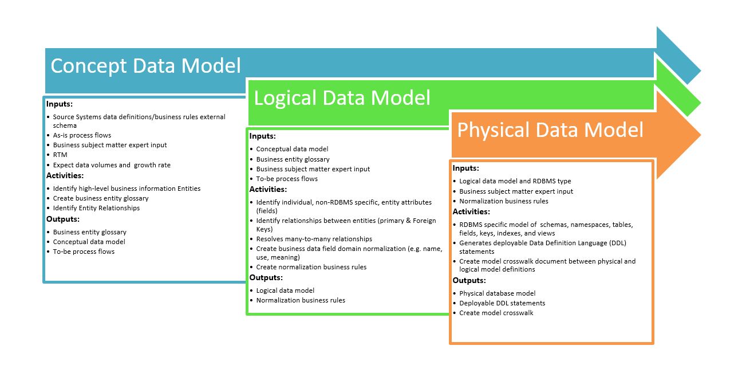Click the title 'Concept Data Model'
pos(145,66)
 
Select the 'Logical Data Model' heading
pos(342,98)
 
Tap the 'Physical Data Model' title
pos(550,130)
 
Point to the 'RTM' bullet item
pos(60,155)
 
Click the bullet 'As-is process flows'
pos(82,135)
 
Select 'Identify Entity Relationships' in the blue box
pos(96,208)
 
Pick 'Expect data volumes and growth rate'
pos(112,165)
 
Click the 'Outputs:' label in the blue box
pos(63,219)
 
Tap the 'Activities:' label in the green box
pos(268,190)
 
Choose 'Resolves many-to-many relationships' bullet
pos(314,239)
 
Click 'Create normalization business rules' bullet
pos(311,267)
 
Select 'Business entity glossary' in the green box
pos(293,159)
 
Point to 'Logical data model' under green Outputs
pos(285,290)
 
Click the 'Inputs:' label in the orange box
pos(466,168)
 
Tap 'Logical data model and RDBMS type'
pos(515,181)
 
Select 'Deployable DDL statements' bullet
pos(502,303)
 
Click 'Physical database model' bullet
pos(497,293)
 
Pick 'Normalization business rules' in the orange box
pos(503,201)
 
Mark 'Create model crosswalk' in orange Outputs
pos(496,313)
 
